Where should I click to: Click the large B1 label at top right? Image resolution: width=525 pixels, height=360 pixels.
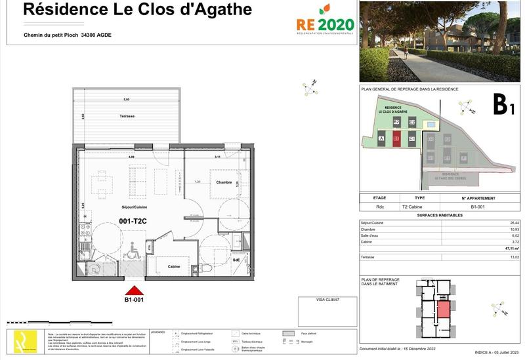click(x=503, y=104)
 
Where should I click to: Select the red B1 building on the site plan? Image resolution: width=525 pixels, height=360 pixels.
click(x=396, y=138)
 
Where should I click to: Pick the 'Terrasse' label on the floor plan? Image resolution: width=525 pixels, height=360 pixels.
click(x=127, y=116)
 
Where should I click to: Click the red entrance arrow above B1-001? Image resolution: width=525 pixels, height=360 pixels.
click(x=134, y=290)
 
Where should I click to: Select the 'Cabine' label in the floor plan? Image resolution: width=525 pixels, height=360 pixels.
click(x=174, y=267)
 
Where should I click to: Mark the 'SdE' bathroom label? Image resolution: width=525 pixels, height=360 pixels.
click(x=236, y=260)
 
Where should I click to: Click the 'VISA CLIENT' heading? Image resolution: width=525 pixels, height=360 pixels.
click(x=327, y=300)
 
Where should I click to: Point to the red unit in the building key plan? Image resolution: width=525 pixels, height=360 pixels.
click(x=444, y=308)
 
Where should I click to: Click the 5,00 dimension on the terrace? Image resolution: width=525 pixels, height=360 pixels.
click(x=127, y=100)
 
